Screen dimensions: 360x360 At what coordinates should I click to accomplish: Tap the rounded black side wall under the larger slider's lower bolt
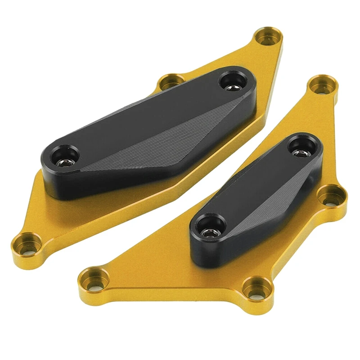tap(63, 184)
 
